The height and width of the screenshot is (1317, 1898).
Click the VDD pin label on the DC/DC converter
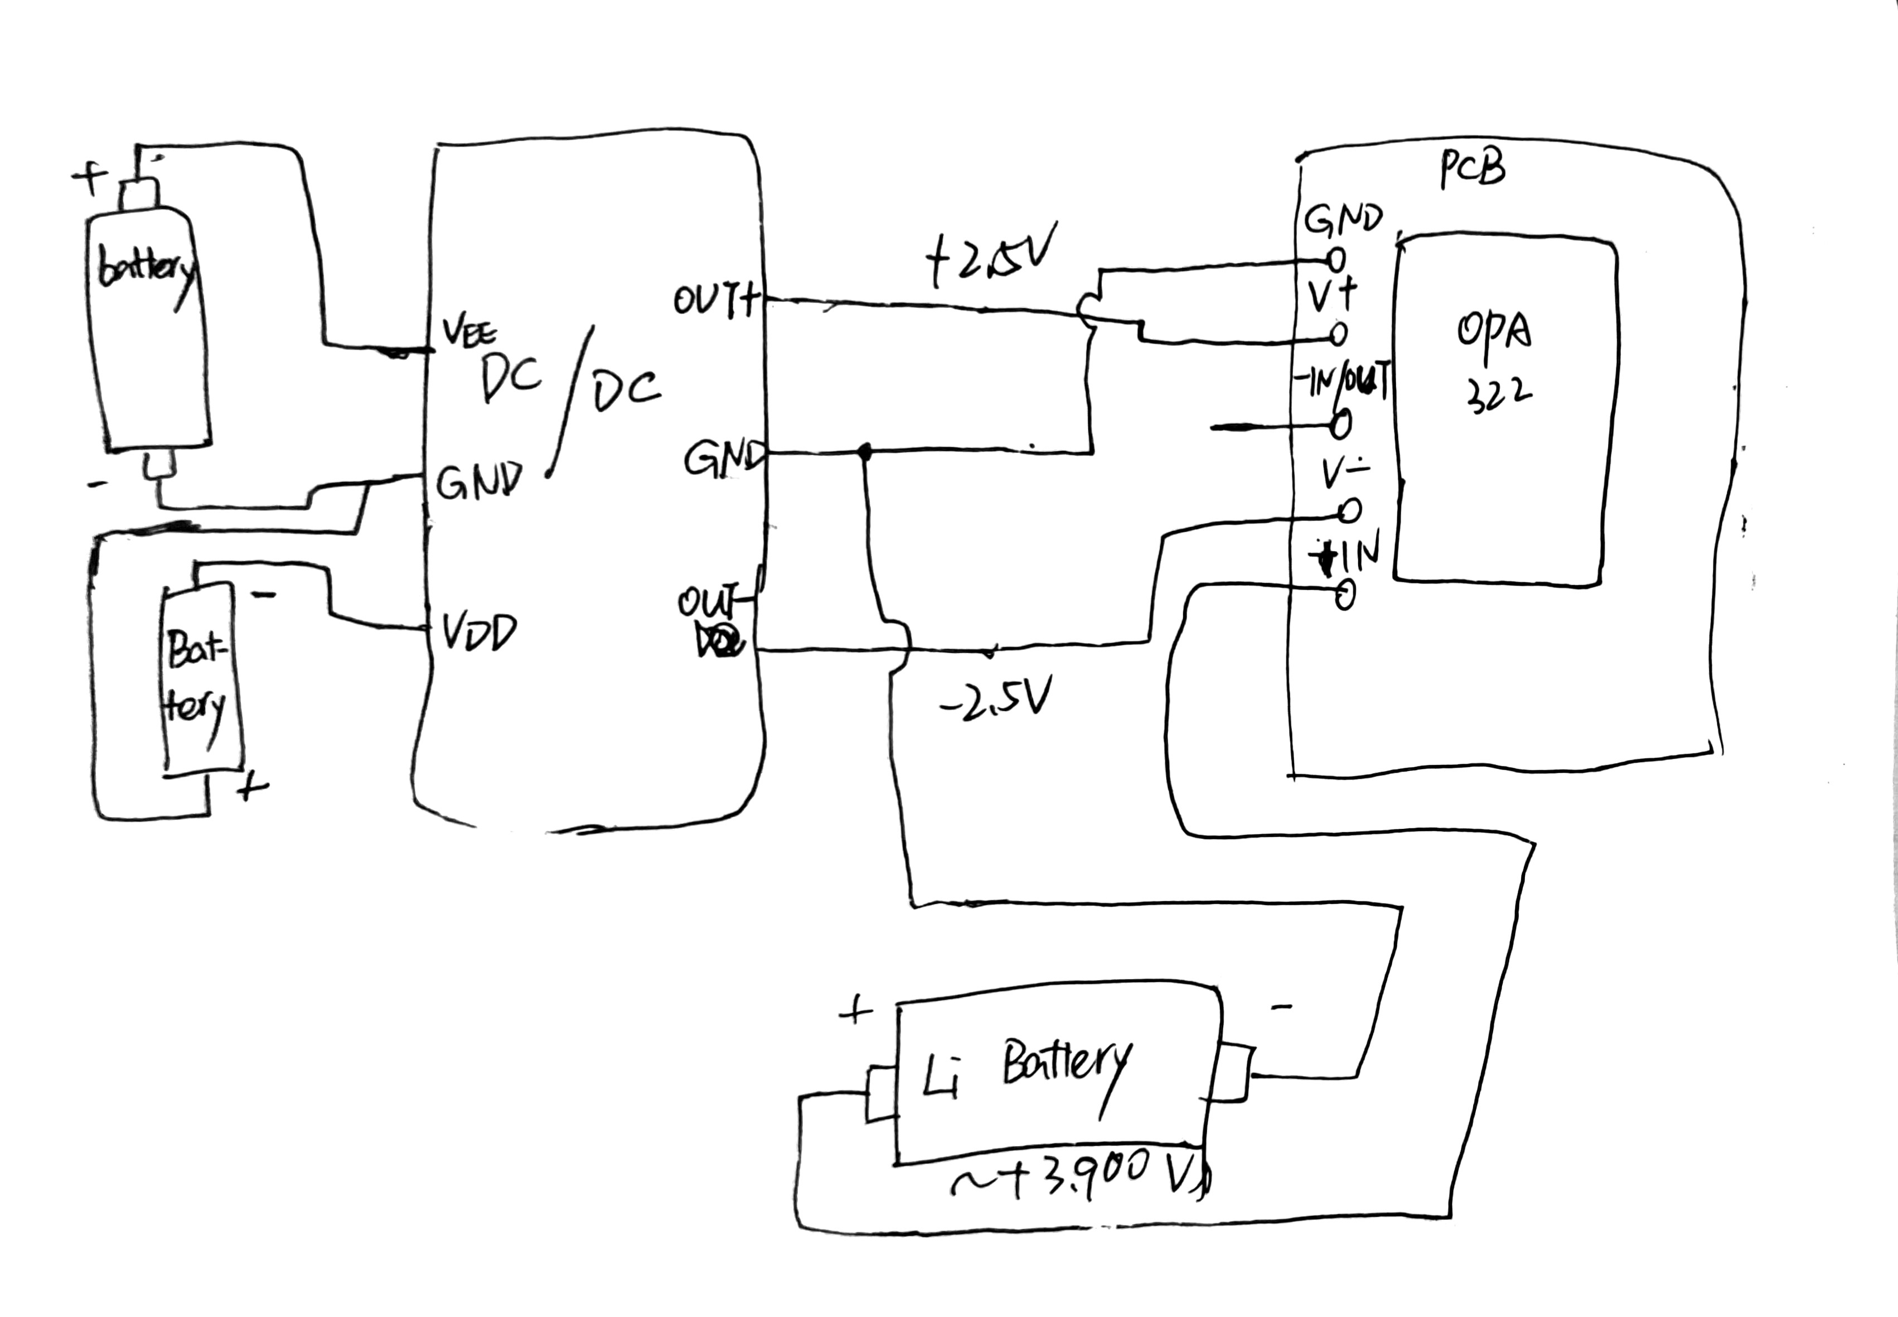478,634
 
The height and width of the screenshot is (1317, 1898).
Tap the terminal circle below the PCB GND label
1337,259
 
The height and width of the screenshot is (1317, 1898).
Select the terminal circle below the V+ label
1338,334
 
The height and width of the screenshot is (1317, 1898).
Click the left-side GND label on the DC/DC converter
478,482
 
